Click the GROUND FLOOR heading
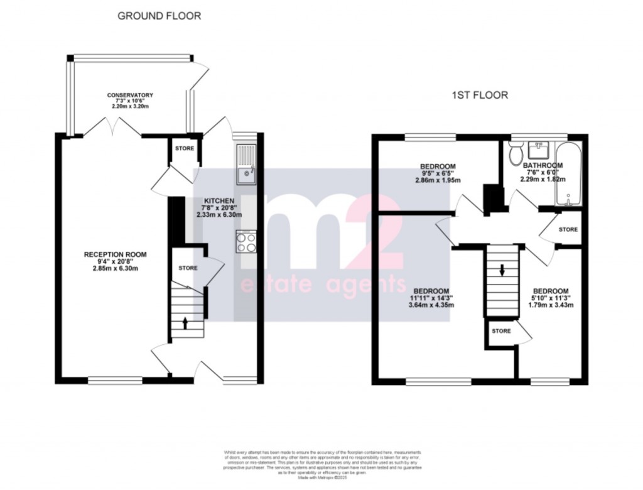(x=159, y=16)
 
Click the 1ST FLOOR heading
(x=479, y=95)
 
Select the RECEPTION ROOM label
(x=116, y=254)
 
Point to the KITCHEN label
(x=215, y=201)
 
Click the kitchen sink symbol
(x=246, y=165)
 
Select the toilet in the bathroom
(x=517, y=153)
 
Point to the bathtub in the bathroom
(x=570, y=174)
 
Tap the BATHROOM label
(x=543, y=166)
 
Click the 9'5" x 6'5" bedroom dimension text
(x=436, y=173)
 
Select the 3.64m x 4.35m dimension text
(x=431, y=305)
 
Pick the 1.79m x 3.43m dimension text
(x=551, y=305)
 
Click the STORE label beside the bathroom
(x=568, y=230)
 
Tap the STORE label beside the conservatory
(x=185, y=149)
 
